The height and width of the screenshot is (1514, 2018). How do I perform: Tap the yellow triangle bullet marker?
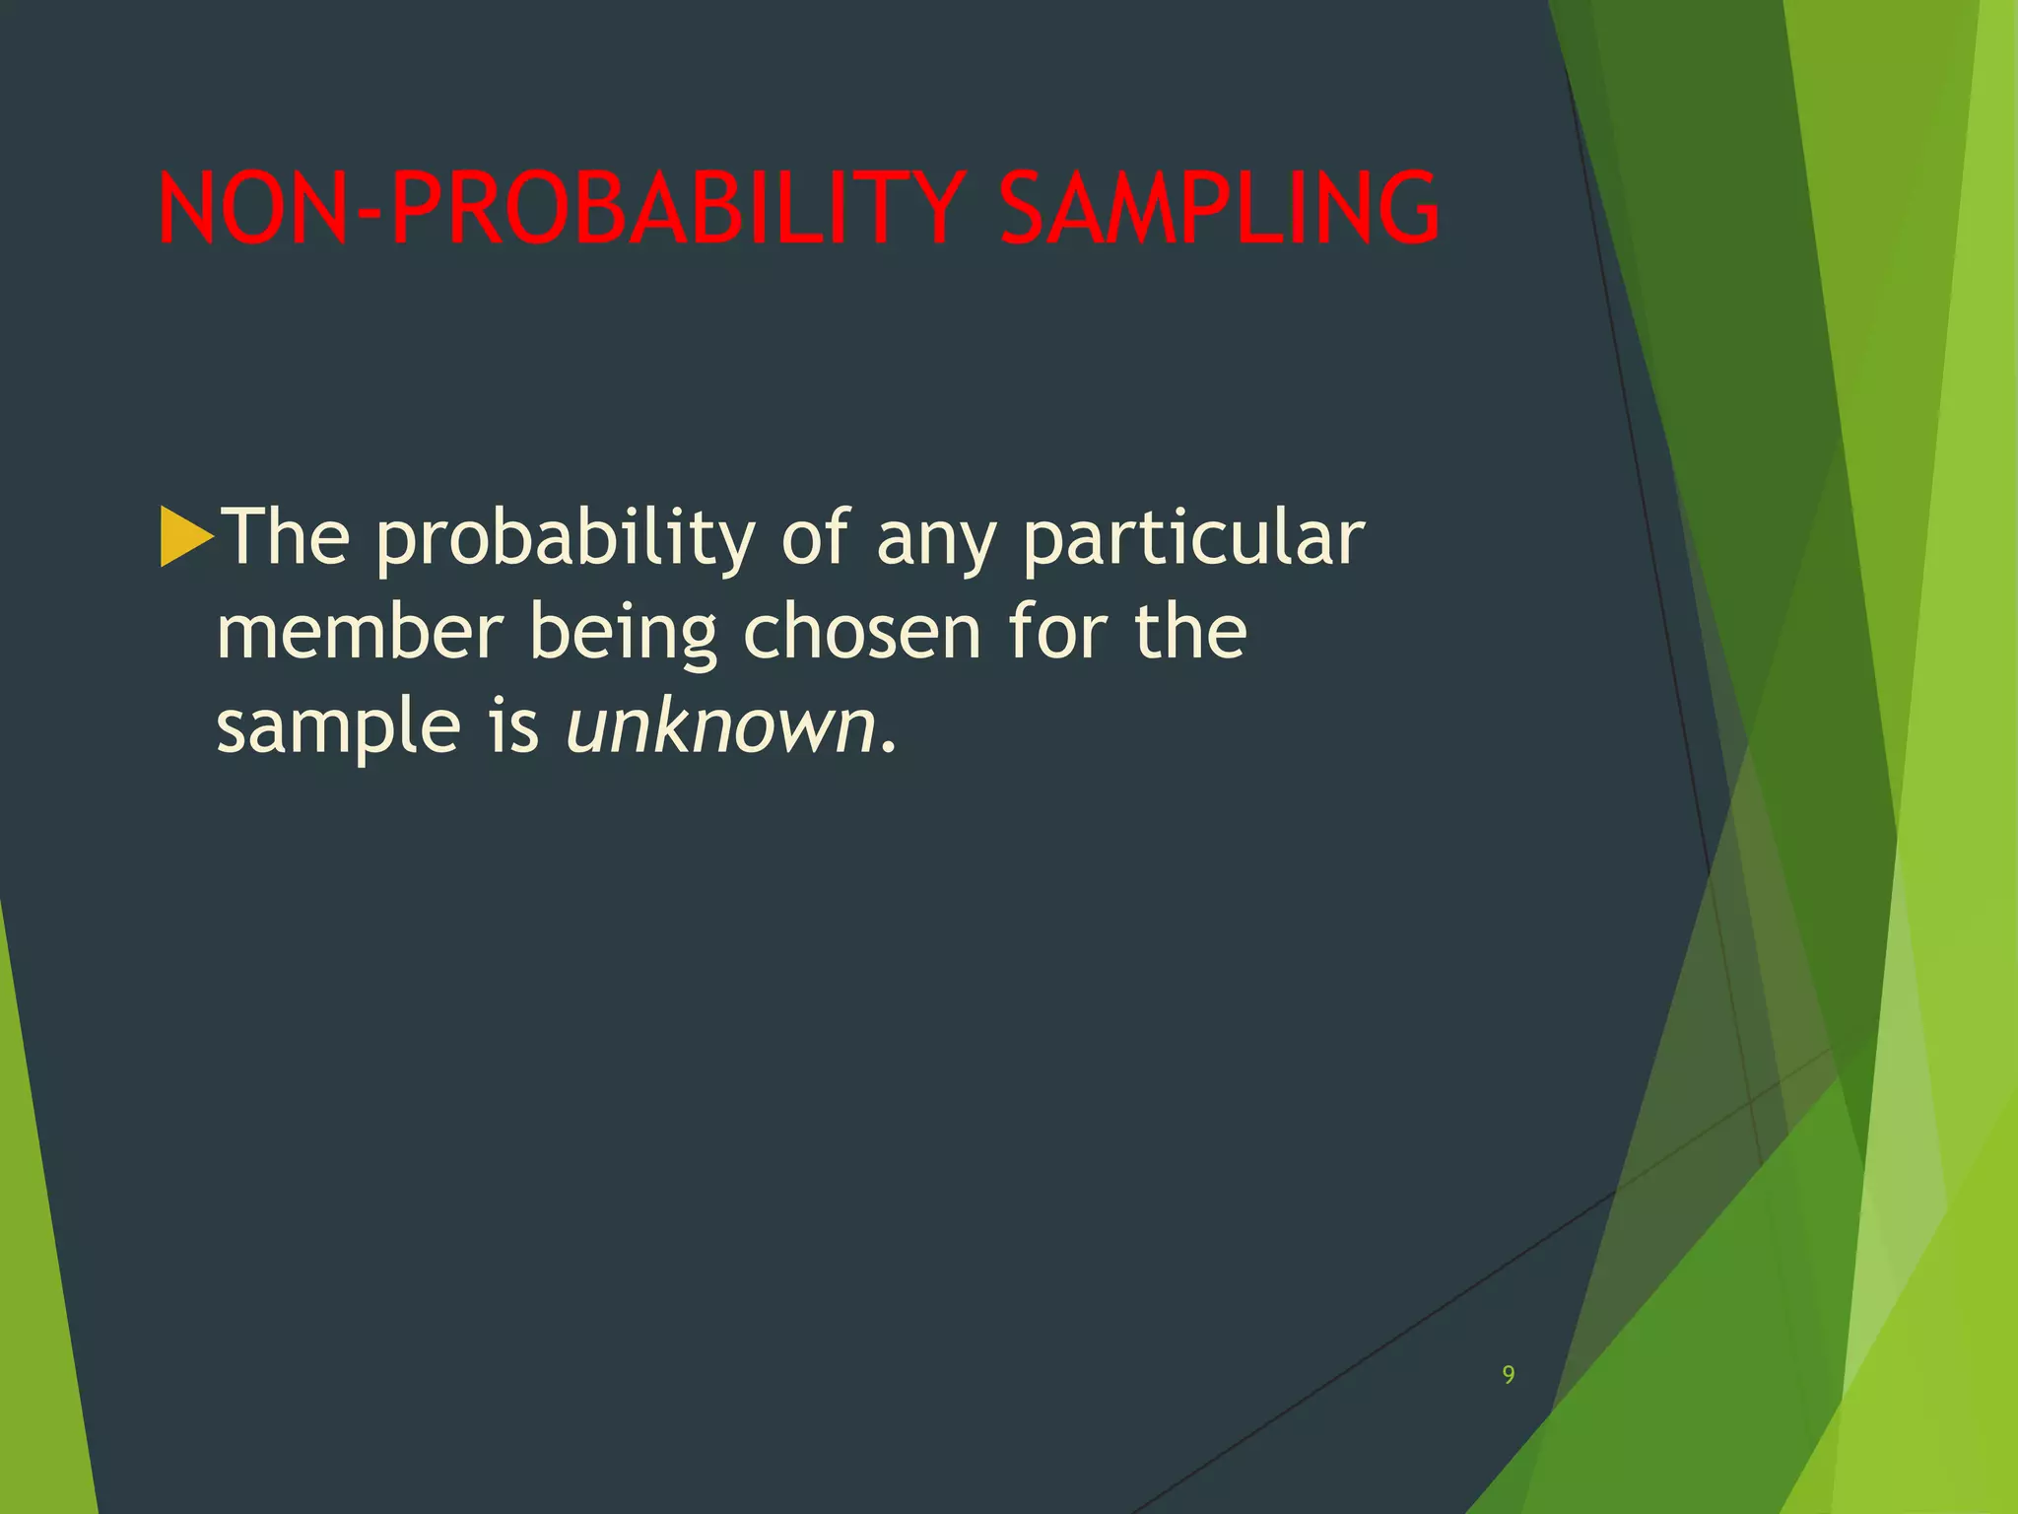point(185,537)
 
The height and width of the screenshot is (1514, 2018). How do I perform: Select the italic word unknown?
point(720,727)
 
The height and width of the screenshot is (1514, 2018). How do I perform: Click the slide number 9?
point(1509,1375)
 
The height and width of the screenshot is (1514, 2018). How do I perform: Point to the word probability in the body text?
point(566,540)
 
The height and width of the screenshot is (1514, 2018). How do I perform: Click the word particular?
point(1193,540)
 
